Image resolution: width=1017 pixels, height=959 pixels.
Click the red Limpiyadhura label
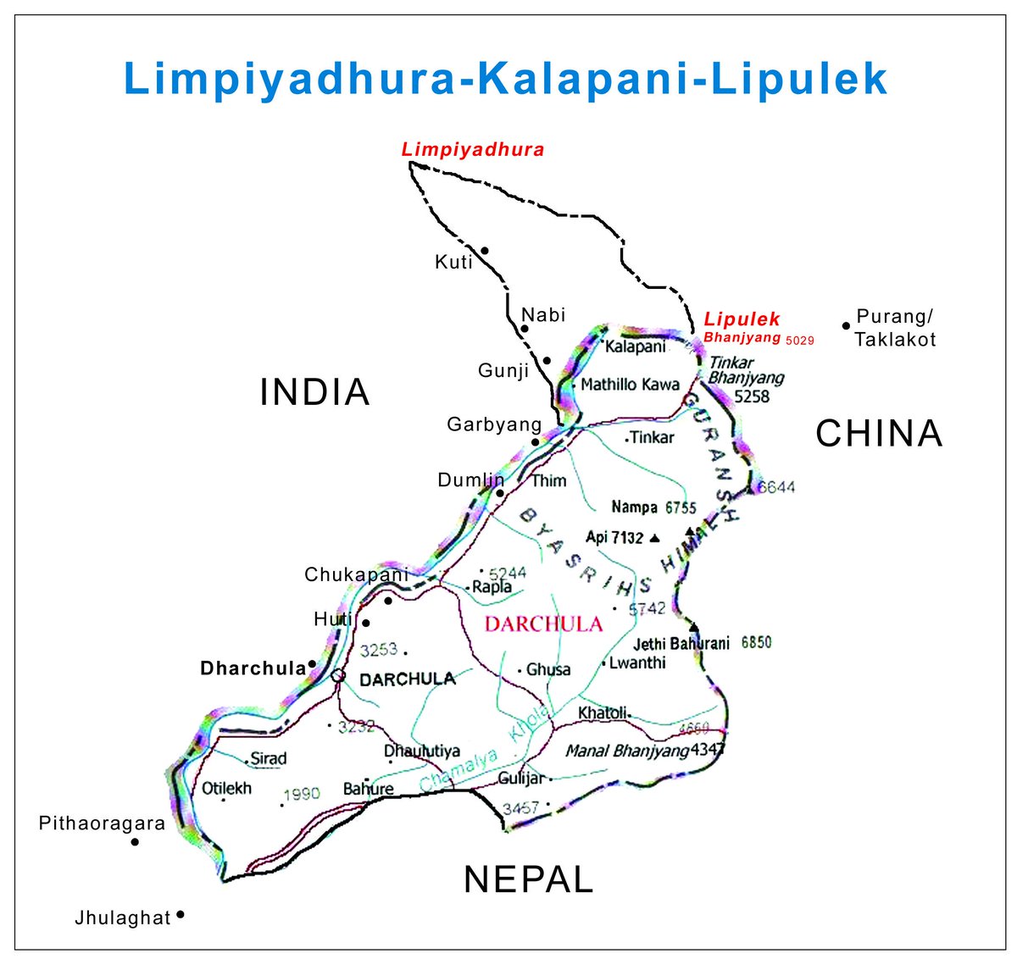click(x=473, y=150)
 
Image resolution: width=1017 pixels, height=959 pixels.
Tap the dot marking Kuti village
click(x=485, y=250)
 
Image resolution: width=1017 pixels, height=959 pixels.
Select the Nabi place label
click(x=543, y=315)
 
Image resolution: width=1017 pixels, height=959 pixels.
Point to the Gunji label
click(x=503, y=370)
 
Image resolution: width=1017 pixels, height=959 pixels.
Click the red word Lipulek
click(x=742, y=319)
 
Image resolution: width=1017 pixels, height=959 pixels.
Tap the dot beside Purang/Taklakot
click(x=846, y=325)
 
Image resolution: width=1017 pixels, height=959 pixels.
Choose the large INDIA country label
click(x=314, y=392)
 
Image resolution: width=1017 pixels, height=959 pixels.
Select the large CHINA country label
click(x=879, y=434)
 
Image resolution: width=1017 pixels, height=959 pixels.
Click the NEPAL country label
click(x=528, y=879)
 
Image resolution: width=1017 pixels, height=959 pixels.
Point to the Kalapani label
click(x=635, y=346)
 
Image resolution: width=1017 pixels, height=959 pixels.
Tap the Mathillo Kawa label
click(x=630, y=385)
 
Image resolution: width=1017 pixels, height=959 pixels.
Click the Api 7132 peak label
click(x=614, y=537)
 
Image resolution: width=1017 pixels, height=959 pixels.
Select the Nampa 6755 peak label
click(x=653, y=507)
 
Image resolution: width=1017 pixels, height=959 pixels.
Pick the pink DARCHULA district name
click(x=543, y=625)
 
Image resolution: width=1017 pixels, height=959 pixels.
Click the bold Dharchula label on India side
click(x=253, y=668)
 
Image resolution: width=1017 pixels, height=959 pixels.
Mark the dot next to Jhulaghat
click(x=181, y=915)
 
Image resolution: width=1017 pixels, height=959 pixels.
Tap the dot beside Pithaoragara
click(x=135, y=842)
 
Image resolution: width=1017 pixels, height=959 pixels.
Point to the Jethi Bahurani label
click(x=681, y=643)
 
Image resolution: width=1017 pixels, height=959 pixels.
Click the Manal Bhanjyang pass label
click(x=626, y=751)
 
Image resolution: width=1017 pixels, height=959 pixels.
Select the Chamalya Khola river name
click(x=486, y=749)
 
